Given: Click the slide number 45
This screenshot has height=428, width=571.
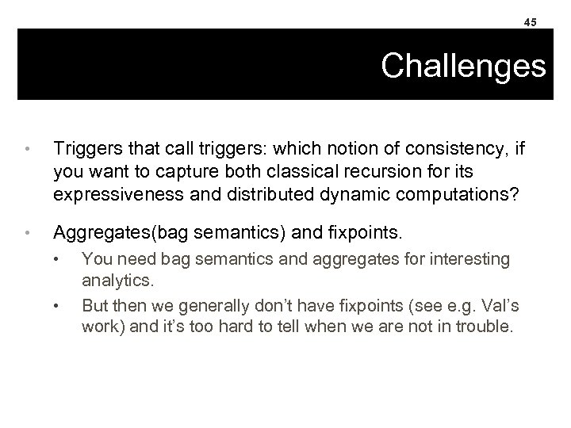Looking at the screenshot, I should (529, 22).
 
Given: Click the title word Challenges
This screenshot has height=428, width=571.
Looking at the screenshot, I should (463, 67).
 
